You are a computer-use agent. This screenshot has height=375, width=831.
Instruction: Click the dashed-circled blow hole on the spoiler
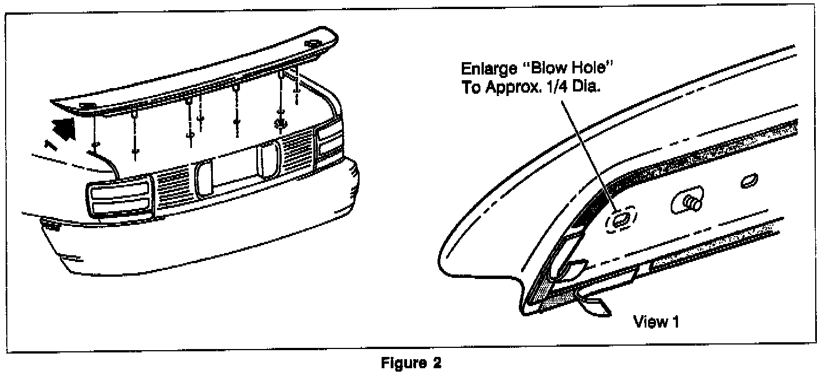[620, 219]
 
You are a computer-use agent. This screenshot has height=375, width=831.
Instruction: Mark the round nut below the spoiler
[279, 123]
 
